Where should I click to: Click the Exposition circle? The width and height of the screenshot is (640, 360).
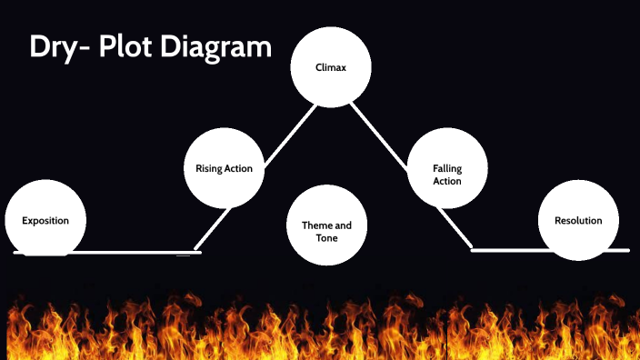coord(45,221)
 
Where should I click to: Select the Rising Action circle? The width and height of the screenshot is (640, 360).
coord(224,168)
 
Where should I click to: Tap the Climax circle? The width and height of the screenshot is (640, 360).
coord(330,67)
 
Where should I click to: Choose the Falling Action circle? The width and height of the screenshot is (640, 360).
coord(447,168)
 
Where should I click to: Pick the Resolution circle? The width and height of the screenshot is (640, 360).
coord(578,221)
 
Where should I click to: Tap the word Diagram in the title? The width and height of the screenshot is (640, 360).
coord(217,47)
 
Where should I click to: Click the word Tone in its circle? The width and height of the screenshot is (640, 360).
coord(326,237)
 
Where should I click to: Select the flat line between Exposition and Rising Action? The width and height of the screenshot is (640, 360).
coord(136,251)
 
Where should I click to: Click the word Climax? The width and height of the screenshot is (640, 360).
coord(330,67)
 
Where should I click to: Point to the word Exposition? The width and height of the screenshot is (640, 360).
coord(45,221)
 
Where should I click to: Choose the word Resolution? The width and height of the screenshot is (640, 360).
coord(578,221)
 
